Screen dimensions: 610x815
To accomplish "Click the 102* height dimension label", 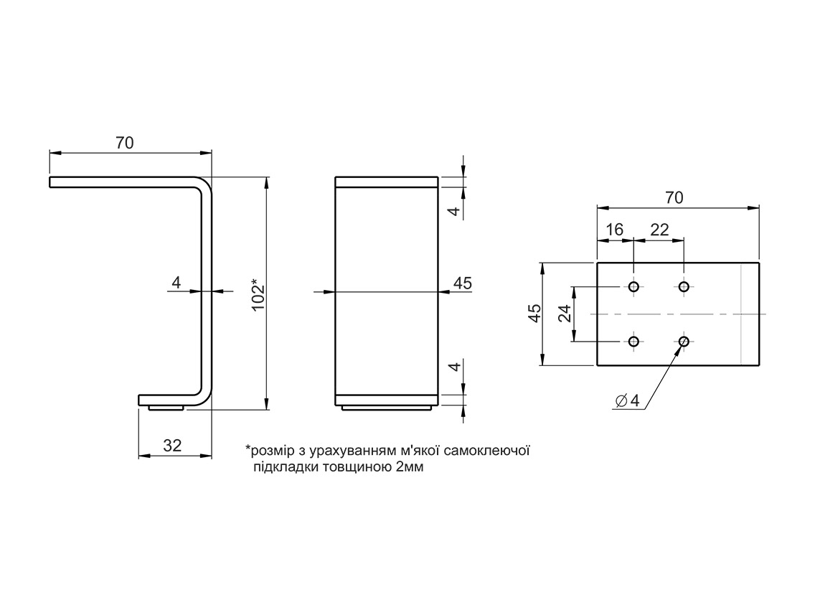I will (x=259, y=294).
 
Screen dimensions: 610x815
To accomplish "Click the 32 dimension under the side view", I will (x=172, y=445).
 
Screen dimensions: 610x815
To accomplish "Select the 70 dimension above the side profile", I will (x=125, y=143).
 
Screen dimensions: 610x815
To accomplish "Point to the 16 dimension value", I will (x=615, y=230).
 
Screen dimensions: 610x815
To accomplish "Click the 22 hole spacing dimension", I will (x=659, y=230).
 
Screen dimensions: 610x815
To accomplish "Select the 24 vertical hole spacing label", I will (x=565, y=314).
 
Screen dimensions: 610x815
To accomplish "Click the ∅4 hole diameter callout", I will (x=627, y=400).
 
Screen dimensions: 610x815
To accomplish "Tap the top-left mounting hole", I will (x=633, y=287).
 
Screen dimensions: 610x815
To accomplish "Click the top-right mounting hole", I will (x=684, y=287).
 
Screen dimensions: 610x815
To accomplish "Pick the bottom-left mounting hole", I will (x=633, y=342).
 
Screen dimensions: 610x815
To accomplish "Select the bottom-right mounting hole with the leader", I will (x=684, y=342).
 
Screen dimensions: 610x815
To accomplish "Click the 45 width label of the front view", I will (x=463, y=283).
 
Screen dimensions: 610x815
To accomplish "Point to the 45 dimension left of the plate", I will (x=534, y=314).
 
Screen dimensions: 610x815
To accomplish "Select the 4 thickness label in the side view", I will (x=176, y=283).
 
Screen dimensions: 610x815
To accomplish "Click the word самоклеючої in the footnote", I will (x=486, y=451).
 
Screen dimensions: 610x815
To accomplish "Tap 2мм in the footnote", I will (x=410, y=467).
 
